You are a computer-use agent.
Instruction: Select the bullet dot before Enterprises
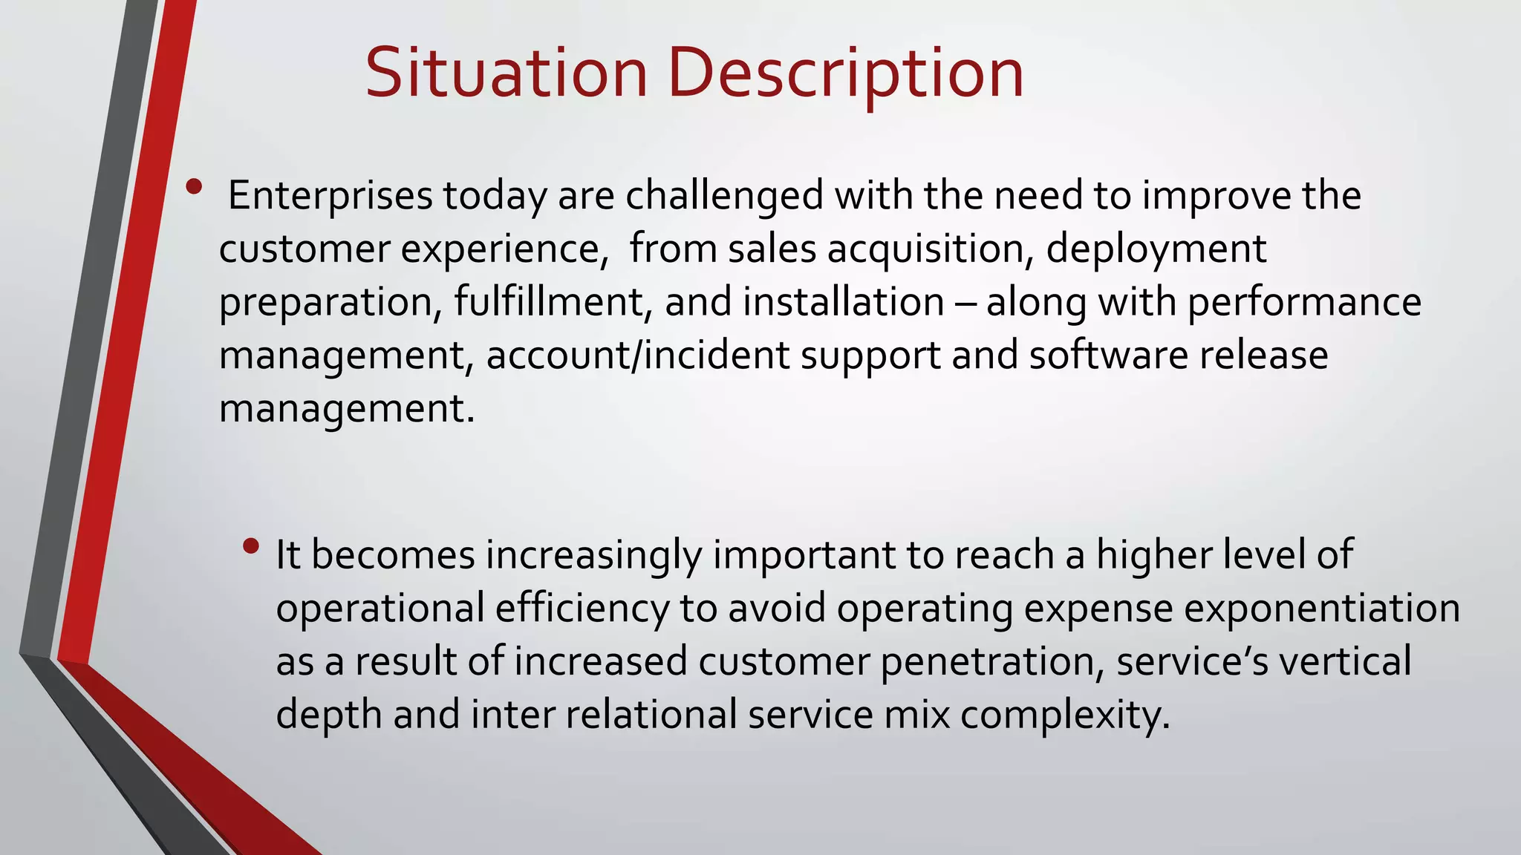[194, 187]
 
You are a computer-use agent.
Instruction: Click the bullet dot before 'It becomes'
[251, 547]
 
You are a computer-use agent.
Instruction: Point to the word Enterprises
[330, 196]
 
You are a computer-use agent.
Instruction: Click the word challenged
[724, 196]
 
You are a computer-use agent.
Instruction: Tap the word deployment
[1156, 249]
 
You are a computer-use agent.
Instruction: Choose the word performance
[1304, 302]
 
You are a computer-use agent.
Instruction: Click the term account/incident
[638, 356]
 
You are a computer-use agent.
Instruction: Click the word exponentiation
[1322, 609]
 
